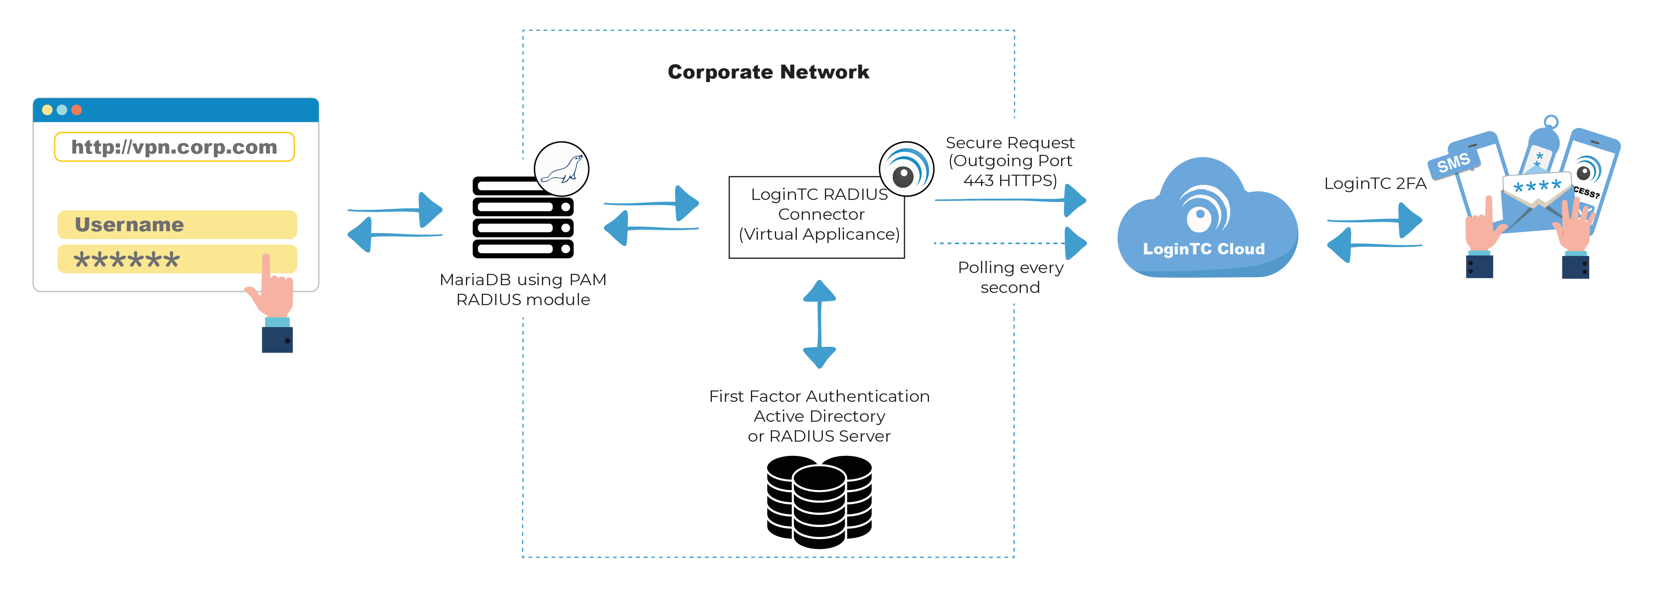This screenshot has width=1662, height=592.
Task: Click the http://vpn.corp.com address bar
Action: point(174,147)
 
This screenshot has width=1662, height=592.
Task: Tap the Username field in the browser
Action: point(177,224)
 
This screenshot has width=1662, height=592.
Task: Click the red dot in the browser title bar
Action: point(77,110)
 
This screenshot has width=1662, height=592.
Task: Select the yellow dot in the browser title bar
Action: point(47,110)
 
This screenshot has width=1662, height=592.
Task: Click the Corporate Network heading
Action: point(768,72)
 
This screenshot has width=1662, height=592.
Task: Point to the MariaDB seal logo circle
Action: point(561,169)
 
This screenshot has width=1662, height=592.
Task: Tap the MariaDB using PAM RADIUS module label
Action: point(522,290)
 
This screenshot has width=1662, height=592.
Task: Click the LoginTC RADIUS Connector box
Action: point(817,218)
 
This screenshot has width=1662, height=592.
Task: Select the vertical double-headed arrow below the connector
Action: point(819,324)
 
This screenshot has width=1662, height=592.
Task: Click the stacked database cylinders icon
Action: point(819,502)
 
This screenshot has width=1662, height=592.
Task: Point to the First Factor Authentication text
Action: point(819,396)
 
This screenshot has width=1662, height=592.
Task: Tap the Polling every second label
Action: point(1010,277)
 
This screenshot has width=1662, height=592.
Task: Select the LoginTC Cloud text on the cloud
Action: point(1203,249)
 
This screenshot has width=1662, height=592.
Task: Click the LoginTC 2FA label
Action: point(1375,184)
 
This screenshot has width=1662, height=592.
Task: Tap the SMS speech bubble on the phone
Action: point(1453,163)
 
